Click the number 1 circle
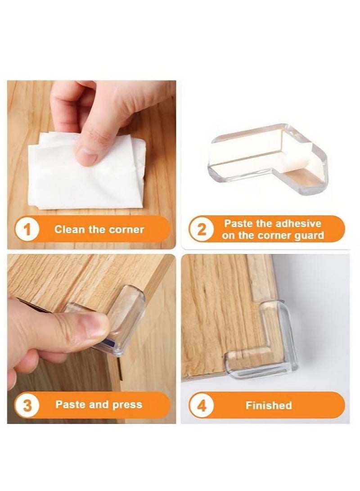point(27,230)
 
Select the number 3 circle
point(27,405)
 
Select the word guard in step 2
point(309,236)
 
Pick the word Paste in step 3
point(70,405)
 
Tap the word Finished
point(268,405)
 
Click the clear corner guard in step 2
point(270,158)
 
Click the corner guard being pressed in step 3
point(121,322)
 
